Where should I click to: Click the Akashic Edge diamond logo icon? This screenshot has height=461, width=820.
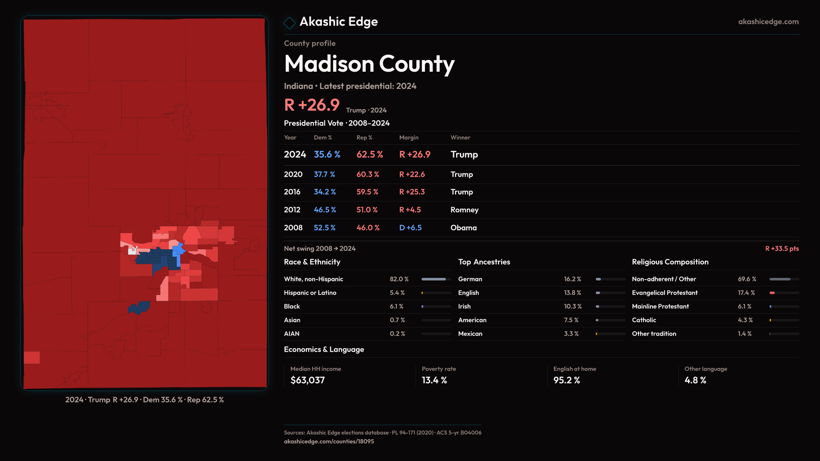290,23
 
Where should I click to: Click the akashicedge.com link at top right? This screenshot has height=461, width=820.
768,22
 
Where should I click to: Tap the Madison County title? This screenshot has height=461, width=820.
369,64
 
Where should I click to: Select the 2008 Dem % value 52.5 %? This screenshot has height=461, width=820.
324,228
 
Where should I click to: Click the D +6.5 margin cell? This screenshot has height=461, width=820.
410,228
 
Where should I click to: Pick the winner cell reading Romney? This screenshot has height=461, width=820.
464,210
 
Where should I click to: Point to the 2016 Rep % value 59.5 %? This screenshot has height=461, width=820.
367,192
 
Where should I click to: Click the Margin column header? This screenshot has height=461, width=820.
409,137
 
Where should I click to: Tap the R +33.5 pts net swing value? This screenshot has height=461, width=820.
782,248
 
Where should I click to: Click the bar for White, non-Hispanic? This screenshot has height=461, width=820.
436,279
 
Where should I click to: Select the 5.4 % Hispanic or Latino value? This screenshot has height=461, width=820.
397,293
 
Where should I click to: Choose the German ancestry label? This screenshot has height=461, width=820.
470,279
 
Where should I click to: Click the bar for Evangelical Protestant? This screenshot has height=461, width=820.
784,293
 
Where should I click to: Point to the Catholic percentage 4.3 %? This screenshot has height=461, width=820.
745,320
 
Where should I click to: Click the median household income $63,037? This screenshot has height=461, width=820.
307,380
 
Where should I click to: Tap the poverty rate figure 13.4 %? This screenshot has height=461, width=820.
434,380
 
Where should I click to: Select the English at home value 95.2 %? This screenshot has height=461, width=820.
566,380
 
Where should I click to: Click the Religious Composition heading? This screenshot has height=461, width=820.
670,262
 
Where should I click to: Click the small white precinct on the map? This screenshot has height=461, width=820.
132,251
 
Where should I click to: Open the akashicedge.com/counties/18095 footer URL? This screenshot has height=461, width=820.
329,441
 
